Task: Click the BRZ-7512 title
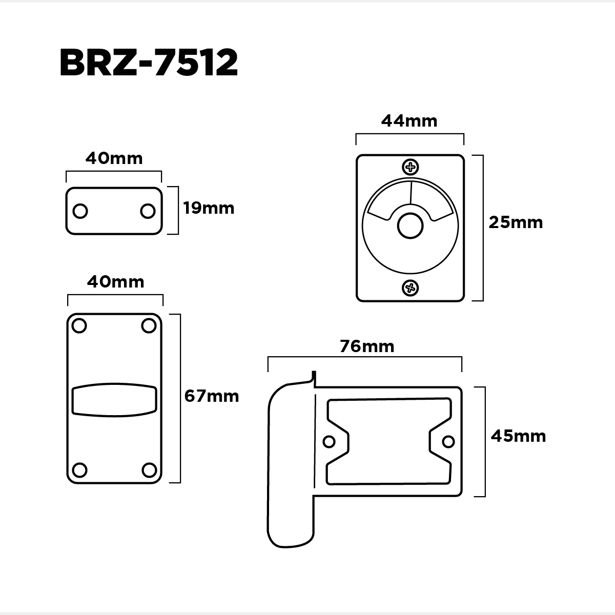click(149, 63)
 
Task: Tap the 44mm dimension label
click(409, 121)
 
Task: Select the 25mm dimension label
click(516, 222)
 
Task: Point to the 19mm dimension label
click(209, 208)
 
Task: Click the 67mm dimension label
click(212, 396)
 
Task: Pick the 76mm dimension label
click(367, 346)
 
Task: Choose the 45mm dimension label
click(518, 436)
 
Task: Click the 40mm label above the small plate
click(114, 158)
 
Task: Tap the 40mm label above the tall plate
click(115, 282)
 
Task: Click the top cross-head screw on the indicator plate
click(411, 167)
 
